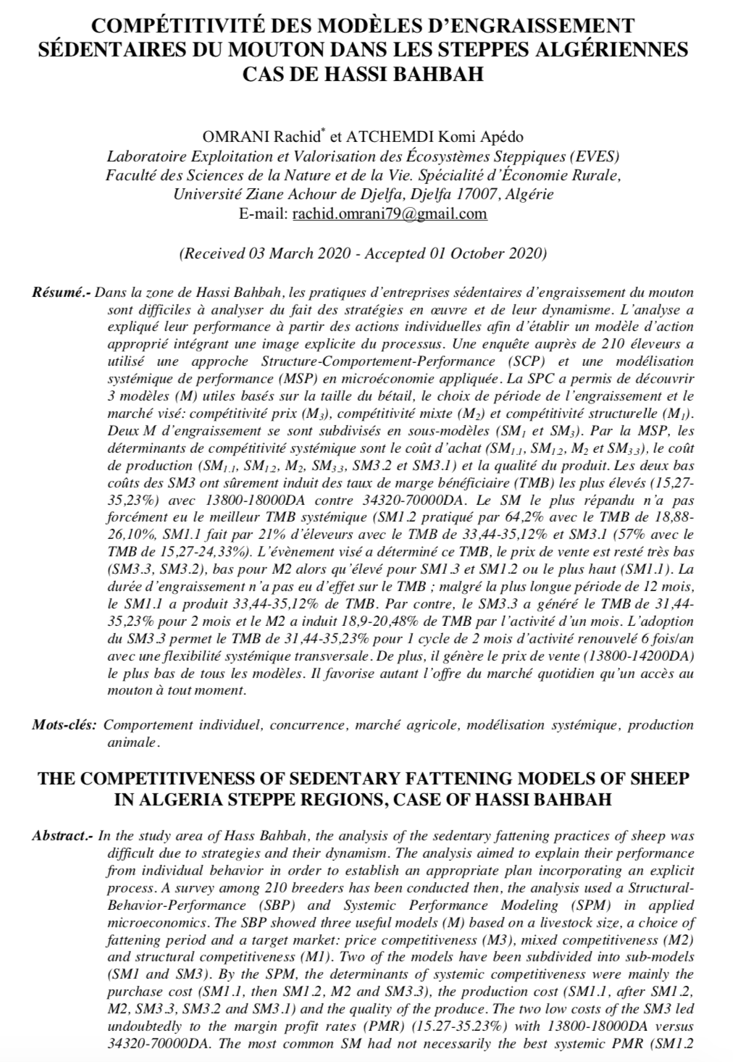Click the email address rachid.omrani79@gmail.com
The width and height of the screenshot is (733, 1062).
[388, 214]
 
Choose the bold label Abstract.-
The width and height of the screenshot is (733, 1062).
[62, 836]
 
